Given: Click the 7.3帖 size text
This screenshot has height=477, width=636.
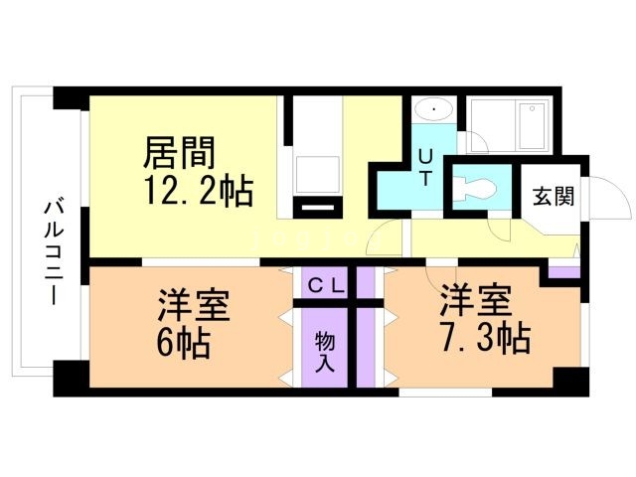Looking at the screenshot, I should (x=486, y=339).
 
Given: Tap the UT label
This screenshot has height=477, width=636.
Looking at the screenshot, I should (x=424, y=166).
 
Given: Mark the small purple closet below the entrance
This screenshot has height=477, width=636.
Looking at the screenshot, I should (x=563, y=269).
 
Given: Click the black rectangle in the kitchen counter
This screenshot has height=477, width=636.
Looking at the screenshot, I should (x=317, y=208).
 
